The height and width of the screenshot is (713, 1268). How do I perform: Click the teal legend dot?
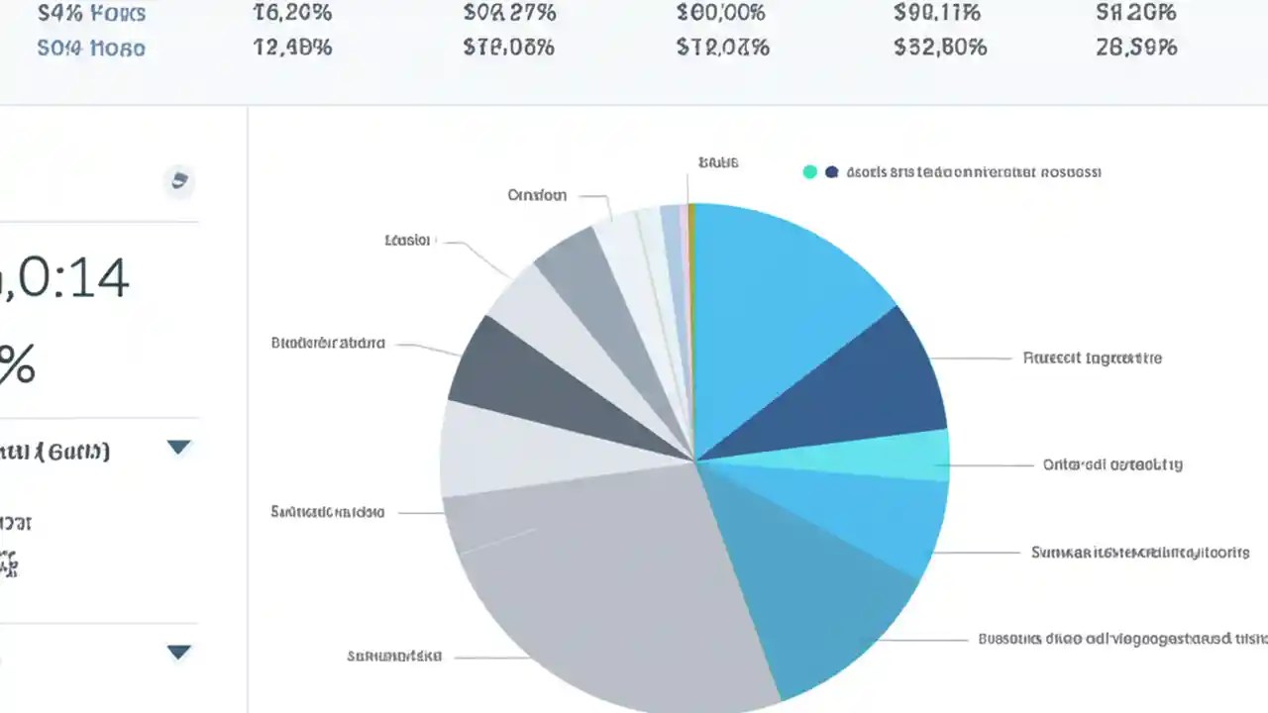[x=809, y=171]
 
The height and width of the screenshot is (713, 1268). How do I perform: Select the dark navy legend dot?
[x=831, y=171]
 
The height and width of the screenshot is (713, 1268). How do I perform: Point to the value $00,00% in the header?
[x=722, y=13]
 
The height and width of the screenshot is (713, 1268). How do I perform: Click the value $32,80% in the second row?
[x=940, y=47]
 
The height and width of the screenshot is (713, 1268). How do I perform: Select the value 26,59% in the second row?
[x=1136, y=47]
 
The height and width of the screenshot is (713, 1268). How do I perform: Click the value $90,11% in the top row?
[x=937, y=13]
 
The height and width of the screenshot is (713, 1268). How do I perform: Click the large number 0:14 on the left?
[x=69, y=279]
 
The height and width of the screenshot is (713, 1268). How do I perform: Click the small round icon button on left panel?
[x=179, y=180]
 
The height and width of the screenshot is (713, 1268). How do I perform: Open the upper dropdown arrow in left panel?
[x=178, y=448]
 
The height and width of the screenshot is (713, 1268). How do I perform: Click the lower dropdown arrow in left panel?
[x=178, y=652]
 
